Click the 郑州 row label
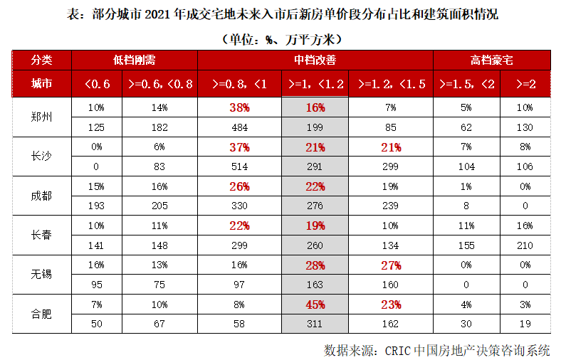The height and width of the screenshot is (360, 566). [x=41, y=117]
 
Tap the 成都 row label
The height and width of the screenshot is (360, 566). [x=41, y=196]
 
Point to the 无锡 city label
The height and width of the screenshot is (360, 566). [x=41, y=274]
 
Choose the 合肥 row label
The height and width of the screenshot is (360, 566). [x=41, y=313]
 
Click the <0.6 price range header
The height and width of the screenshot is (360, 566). [x=97, y=84]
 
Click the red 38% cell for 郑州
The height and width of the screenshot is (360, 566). [x=239, y=108]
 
